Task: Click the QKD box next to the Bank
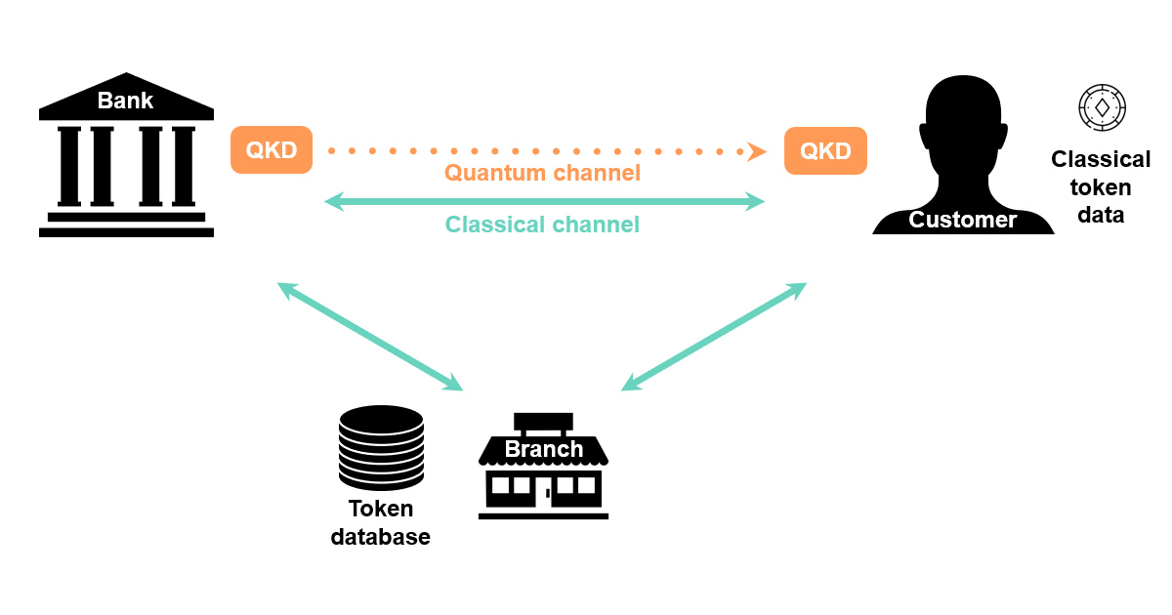click(271, 150)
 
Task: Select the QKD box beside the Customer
click(825, 150)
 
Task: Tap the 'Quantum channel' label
click(542, 174)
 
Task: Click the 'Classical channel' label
click(542, 225)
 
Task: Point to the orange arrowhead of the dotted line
click(757, 150)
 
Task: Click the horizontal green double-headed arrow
click(544, 201)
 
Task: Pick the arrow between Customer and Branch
click(714, 336)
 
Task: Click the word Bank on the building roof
click(125, 101)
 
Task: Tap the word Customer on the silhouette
click(962, 220)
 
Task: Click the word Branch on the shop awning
click(544, 450)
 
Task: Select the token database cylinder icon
click(381, 447)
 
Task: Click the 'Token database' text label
click(381, 523)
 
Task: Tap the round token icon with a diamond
click(1102, 106)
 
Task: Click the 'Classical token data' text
click(1101, 186)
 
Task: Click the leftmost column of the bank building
click(69, 166)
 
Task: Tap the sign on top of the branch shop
click(543, 424)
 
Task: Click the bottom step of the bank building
click(126, 232)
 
